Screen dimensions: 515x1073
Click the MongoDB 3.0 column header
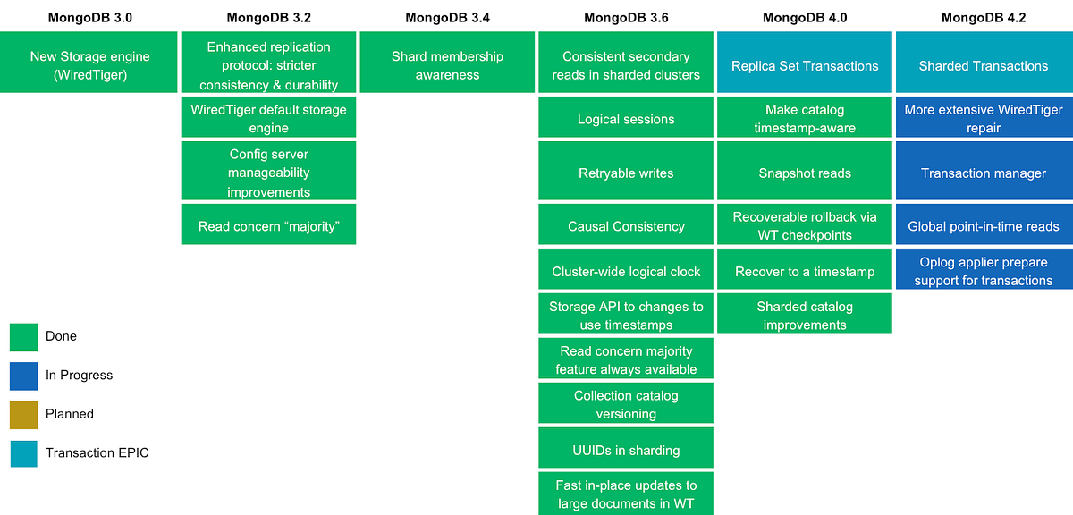tap(89, 17)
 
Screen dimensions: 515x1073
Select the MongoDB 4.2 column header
tap(984, 17)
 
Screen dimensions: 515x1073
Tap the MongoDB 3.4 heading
tap(447, 17)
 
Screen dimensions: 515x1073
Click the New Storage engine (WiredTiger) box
tap(89, 65)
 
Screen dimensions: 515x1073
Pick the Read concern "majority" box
tap(268, 226)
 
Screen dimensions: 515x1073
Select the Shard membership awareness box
tap(447, 65)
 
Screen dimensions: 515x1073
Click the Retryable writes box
tap(626, 173)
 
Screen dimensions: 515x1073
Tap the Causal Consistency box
tap(626, 226)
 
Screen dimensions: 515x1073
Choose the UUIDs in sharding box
tap(626, 449)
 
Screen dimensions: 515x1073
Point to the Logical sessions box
tap(626, 119)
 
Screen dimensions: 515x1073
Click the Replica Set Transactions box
tap(805, 65)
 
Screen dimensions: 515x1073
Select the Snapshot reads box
tap(805, 173)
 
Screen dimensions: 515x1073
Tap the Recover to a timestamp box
tap(805, 271)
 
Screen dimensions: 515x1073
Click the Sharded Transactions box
tap(984, 65)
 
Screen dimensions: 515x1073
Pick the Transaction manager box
tap(984, 173)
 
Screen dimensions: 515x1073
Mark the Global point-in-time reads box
tap(984, 226)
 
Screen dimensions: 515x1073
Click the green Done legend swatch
tap(23, 336)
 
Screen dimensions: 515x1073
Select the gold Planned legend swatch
tap(23, 414)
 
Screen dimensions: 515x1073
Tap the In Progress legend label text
tap(79, 376)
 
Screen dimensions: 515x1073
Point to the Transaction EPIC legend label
tap(97, 452)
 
